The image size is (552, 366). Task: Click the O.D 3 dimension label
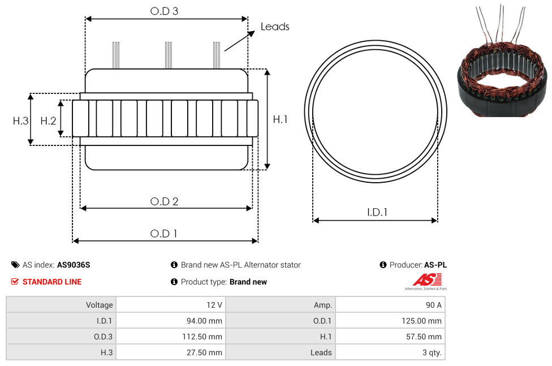click(x=164, y=11)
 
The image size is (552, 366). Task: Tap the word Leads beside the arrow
click(x=275, y=27)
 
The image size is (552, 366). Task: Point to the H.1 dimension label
click(x=280, y=119)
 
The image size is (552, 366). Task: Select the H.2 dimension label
click(x=48, y=121)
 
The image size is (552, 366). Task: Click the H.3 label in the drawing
click(x=20, y=121)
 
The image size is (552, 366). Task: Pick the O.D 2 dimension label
click(x=164, y=201)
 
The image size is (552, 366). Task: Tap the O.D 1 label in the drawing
click(x=163, y=234)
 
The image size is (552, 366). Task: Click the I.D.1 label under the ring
click(x=377, y=212)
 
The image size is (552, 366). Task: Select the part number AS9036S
click(x=74, y=265)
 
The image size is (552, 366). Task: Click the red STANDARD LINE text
click(x=52, y=282)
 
